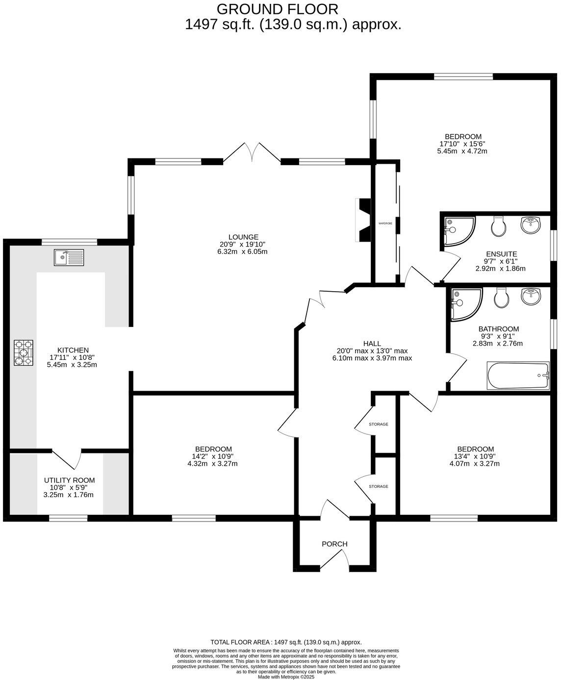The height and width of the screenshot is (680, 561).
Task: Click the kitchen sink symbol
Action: tap(69, 257)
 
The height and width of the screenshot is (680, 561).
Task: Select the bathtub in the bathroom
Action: tap(518, 376)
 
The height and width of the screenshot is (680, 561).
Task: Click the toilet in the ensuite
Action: tap(498, 227)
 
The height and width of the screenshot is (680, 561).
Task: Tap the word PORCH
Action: tap(334, 544)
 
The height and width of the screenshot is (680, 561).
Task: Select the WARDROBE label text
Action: tap(385, 224)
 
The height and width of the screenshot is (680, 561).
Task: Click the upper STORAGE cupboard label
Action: tap(379, 424)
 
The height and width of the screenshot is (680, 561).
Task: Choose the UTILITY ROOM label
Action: tap(69, 480)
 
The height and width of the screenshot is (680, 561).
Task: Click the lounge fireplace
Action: tap(364, 220)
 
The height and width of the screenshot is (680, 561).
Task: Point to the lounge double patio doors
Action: tap(252, 152)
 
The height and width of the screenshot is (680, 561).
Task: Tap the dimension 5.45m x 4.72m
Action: tap(461, 151)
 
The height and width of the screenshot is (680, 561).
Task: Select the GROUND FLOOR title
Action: tap(277, 9)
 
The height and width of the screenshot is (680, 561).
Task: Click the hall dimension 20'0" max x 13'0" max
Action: tap(372, 351)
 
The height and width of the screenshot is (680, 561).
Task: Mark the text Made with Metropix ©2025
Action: tap(286, 677)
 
